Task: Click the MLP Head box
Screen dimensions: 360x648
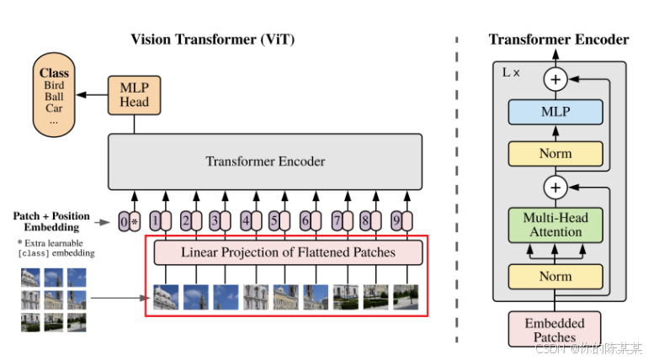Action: (x=133, y=93)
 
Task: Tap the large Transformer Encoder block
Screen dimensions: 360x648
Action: (x=265, y=161)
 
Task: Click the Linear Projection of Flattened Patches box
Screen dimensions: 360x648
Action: (x=286, y=251)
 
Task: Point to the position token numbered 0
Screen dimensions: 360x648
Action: (x=125, y=222)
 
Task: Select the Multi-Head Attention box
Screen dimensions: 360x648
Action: (x=555, y=225)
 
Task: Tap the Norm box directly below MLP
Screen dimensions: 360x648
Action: (x=555, y=154)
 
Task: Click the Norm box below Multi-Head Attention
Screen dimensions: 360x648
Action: (x=555, y=276)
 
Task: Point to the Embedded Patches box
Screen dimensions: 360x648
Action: (x=555, y=330)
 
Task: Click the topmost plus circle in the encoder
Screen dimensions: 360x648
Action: (x=555, y=80)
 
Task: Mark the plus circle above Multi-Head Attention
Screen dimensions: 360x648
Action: (x=555, y=186)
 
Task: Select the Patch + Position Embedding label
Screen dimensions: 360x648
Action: (x=51, y=221)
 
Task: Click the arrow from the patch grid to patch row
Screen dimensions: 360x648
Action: (x=118, y=297)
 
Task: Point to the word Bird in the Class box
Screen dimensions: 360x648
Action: (x=54, y=85)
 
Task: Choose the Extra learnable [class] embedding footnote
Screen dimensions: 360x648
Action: (x=56, y=248)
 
